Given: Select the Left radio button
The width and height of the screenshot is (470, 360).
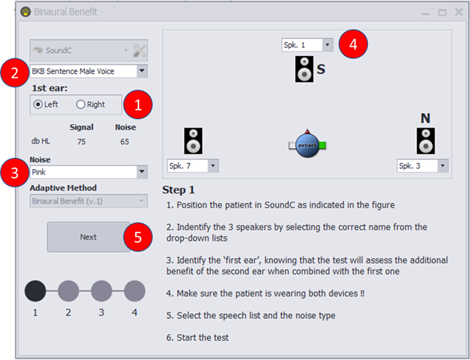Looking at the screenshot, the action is coord(38,104).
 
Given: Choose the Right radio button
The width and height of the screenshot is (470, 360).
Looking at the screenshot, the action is coord(81,104).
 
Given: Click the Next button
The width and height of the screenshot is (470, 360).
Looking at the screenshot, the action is coord(88,237).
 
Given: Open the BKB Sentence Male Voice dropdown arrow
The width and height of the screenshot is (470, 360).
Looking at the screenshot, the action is coord(142,71).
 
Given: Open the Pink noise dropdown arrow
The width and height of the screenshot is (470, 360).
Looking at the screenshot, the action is coord(142,172).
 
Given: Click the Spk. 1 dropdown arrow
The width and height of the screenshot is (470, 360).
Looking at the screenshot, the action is coord(327,45).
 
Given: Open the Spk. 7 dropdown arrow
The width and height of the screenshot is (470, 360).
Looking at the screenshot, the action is coord(213,166).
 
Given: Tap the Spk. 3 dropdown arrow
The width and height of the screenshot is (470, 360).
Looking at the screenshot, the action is coord(442,166).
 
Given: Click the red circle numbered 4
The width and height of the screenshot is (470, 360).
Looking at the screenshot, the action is coord(353,44).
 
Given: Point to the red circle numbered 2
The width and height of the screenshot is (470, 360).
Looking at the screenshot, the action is coord(14,73).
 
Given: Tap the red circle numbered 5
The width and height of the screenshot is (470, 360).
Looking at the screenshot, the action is coord(138,237).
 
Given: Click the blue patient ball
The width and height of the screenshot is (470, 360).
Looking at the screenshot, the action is coord(307,146).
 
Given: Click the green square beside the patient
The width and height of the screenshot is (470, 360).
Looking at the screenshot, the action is coord(323,146).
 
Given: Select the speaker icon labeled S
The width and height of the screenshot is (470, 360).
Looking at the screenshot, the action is coord(304,69).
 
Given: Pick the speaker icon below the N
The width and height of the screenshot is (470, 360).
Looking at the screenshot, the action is coord(426,141).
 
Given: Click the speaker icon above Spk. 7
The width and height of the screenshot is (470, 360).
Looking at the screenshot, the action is coord(194,141).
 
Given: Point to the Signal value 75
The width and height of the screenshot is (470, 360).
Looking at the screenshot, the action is coord(81,141).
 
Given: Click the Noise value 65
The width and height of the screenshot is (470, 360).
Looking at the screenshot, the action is coord(125,141).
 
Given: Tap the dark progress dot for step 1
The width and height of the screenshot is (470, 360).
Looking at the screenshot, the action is coord(35,291).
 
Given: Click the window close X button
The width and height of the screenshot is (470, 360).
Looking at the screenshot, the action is coord(459,12).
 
